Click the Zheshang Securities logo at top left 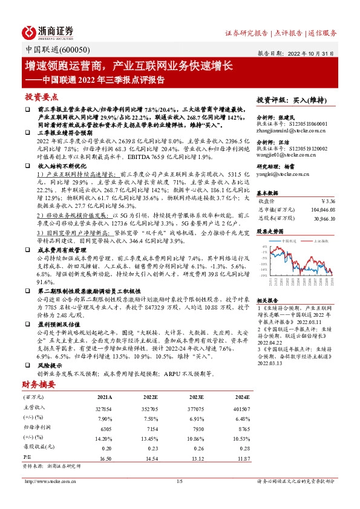[x=48, y=31]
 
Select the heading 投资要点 [x=42, y=96]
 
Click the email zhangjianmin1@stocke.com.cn [x=292, y=130]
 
